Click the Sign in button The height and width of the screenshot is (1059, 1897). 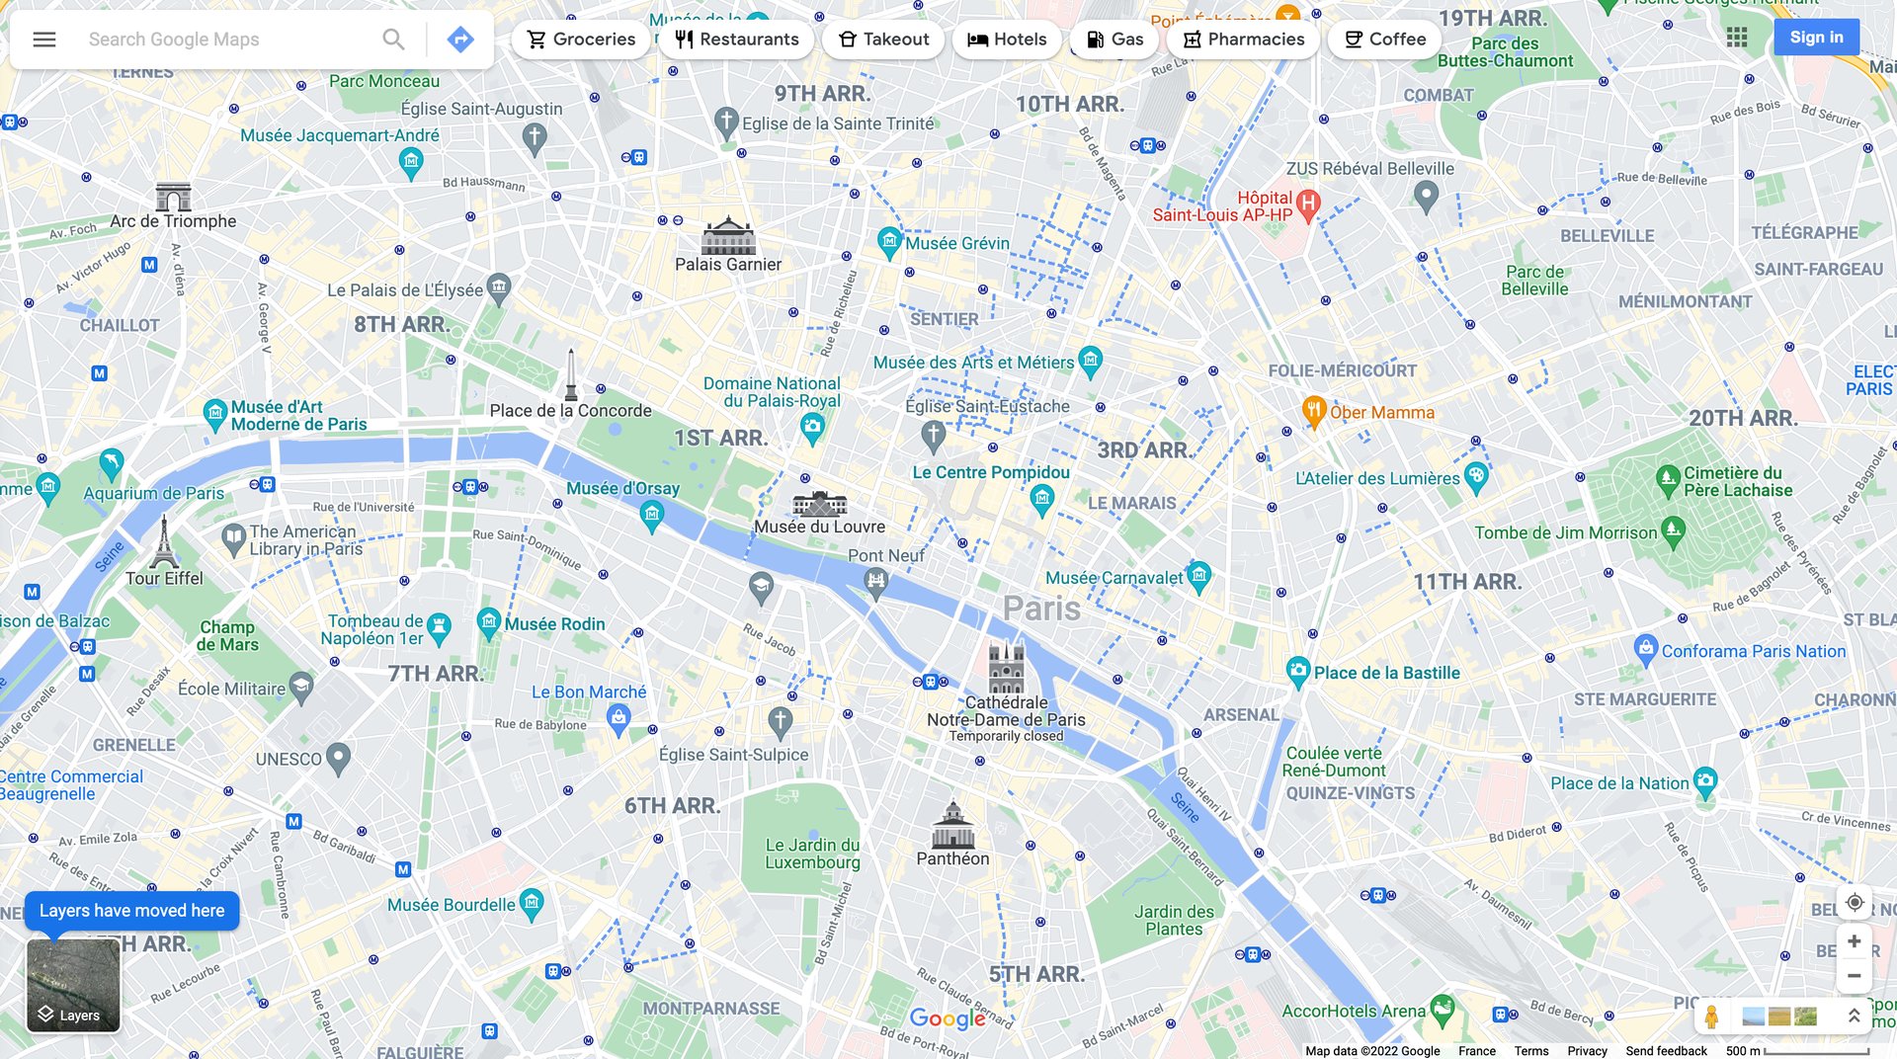[x=1816, y=38]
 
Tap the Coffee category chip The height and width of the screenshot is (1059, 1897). [x=1384, y=40]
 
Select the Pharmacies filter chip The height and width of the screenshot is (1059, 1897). [x=1243, y=40]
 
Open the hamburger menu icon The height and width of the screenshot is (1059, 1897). [x=44, y=40]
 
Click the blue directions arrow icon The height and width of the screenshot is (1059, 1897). [x=459, y=40]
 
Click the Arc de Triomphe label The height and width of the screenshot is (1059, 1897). [x=173, y=221]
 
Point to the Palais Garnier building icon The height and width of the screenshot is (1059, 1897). [x=728, y=236]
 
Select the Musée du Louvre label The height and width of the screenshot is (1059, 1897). [x=819, y=527]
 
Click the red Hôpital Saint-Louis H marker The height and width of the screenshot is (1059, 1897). [x=1308, y=204]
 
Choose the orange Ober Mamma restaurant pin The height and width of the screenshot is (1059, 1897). [x=1313, y=411]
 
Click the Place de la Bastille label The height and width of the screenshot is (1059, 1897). [x=1386, y=673]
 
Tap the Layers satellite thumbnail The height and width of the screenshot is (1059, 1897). [x=73, y=985]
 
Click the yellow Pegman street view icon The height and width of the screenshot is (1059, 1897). [x=1711, y=1016]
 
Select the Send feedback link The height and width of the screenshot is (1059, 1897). [x=1666, y=1051]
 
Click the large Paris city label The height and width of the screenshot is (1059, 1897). [x=1041, y=609]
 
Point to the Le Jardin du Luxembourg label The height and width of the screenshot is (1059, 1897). [x=812, y=854]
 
